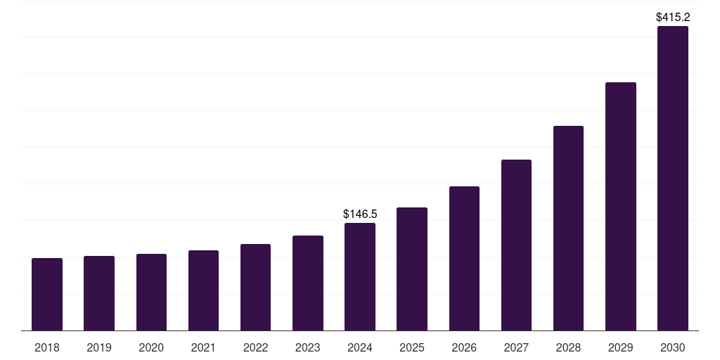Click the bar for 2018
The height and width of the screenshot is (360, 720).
pyautogui.click(x=47, y=295)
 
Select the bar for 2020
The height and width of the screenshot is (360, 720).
pyautogui.click(x=151, y=292)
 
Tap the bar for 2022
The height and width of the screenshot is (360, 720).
pyautogui.click(x=255, y=288)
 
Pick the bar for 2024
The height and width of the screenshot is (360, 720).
pyautogui.click(x=360, y=277)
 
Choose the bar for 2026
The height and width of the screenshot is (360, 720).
pyautogui.click(x=464, y=259)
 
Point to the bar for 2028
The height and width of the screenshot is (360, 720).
pyautogui.click(x=568, y=229)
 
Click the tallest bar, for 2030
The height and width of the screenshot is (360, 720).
pyautogui.click(x=673, y=179)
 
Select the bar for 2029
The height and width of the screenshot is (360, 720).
pyautogui.click(x=620, y=207)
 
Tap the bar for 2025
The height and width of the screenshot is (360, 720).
pyautogui.click(x=412, y=269)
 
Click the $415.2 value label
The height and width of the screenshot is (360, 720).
pyautogui.click(x=673, y=17)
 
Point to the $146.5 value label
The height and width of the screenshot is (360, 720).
pyautogui.click(x=360, y=214)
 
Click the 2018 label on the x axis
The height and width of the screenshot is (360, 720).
pyautogui.click(x=47, y=348)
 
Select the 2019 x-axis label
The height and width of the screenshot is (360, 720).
pyautogui.click(x=99, y=348)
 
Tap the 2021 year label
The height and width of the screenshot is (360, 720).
pyautogui.click(x=203, y=348)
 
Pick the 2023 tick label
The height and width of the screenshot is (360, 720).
pyautogui.click(x=308, y=348)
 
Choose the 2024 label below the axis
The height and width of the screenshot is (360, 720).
pyautogui.click(x=360, y=348)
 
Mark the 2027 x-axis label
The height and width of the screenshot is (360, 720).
pyautogui.click(x=516, y=348)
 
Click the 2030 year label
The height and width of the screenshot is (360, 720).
pyautogui.click(x=673, y=348)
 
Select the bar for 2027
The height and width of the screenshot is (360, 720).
pyautogui.click(x=516, y=245)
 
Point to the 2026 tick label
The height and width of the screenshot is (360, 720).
pyautogui.click(x=464, y=348)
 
